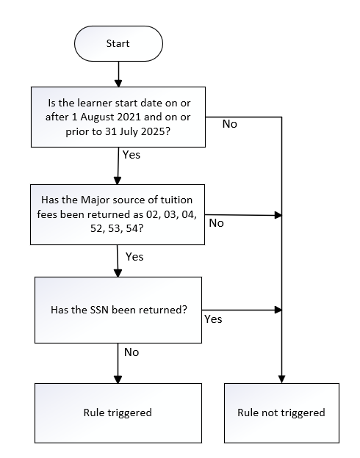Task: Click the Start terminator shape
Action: point(118,43)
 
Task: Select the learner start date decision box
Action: point(118,117)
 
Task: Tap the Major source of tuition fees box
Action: point(118,214)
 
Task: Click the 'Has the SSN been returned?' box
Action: point(118,310)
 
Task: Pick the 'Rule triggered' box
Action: point(118,413)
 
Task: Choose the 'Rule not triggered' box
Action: point(281,413)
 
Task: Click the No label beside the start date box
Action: point(229,124)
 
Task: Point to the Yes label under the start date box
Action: point(132,155)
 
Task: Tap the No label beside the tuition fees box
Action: point(217,223)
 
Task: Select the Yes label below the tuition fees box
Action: point(134,256)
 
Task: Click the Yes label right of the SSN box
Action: point(213,319)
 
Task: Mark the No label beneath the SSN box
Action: point(132,352)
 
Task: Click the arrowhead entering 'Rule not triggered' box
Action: point(281,379)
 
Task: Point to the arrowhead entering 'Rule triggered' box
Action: point(118,379)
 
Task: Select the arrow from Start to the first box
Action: point(118,74)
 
